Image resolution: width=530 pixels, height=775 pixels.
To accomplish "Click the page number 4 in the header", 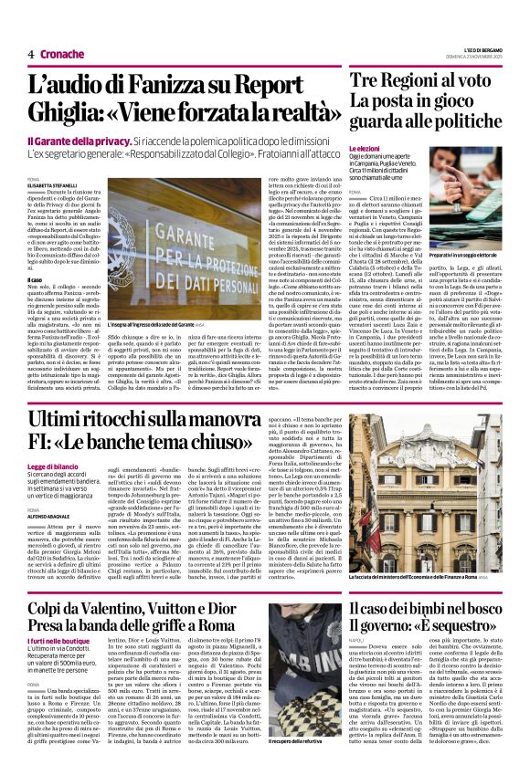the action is [30, 55].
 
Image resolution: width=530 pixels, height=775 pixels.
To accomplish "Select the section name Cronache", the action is [62, 55].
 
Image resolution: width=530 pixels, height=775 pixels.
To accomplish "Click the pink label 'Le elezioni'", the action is [365, 147].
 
